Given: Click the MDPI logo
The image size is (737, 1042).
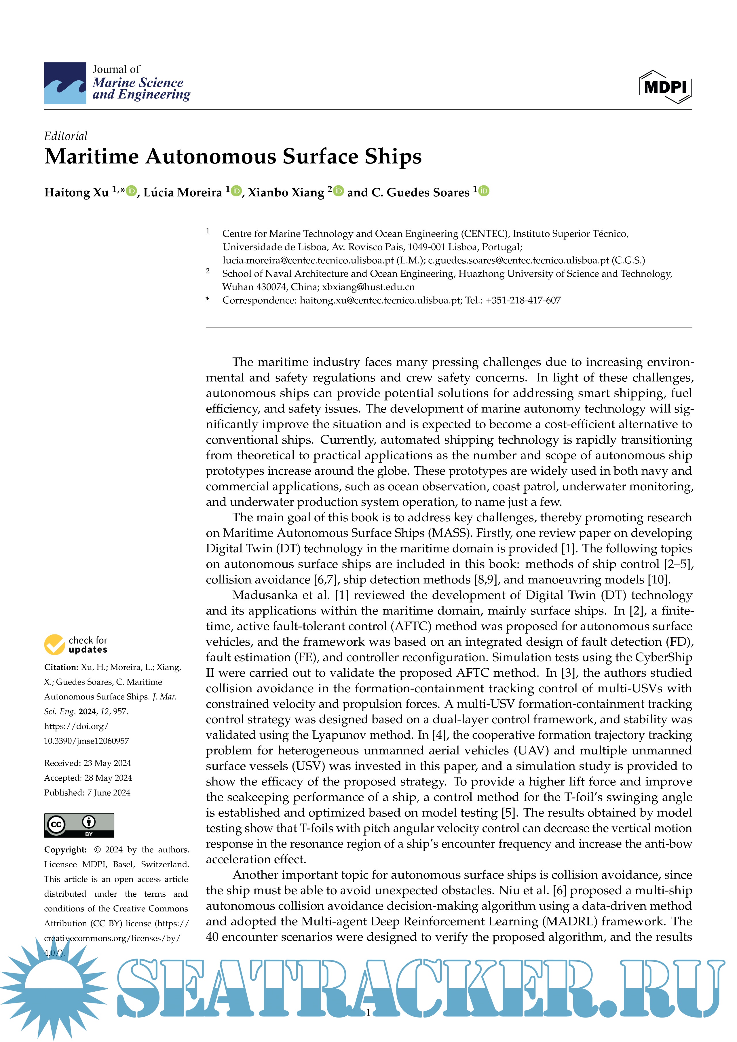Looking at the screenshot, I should click(665, 86).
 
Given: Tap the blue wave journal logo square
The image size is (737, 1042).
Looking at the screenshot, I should click(65, 83).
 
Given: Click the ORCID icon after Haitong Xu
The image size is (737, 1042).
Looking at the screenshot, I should click(132, 191).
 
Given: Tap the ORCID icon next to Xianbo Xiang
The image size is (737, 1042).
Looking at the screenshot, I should click(339, 191).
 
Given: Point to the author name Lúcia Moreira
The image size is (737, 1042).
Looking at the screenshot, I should click(183, 193).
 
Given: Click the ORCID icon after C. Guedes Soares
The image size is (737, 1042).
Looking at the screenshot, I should click(484, 191).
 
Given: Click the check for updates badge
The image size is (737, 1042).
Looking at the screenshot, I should click(76, 644).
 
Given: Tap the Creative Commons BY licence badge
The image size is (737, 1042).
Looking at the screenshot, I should click(79, 825).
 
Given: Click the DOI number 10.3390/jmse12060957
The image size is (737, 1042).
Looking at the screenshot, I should click(86, 741).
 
